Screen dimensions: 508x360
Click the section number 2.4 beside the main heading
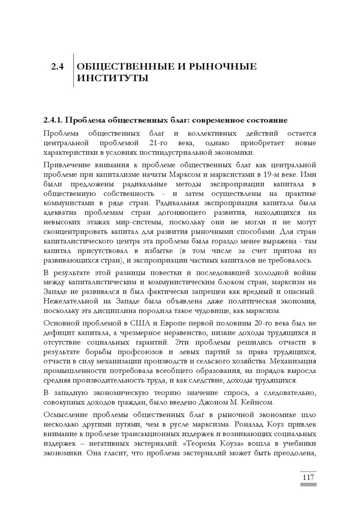pos(58,67)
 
